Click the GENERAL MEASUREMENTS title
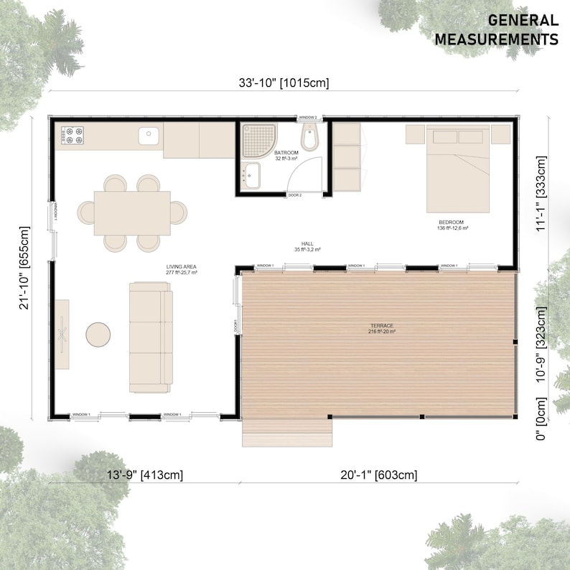(x=496, y=29)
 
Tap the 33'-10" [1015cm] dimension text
(x=284, y=83)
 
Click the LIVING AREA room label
(x=181, y=268)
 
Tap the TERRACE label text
(x=380, y=328)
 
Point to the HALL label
(x=307, y=246)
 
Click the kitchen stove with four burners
(x=73, y=134)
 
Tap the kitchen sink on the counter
(x=149, y=134)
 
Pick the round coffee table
(x=98, y=334)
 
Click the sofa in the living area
(x=151, y=337)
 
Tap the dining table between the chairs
(x=132, y=212)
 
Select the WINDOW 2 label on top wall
(x=308, y=117)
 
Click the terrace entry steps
(x=287, y=431)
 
